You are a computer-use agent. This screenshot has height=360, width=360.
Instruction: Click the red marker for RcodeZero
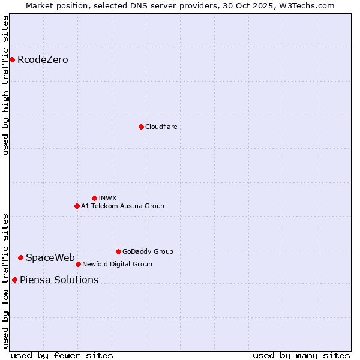coord(12,59)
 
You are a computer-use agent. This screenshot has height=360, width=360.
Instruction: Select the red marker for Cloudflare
coord(141,127)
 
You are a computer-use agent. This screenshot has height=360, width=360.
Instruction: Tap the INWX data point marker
coord(94,198)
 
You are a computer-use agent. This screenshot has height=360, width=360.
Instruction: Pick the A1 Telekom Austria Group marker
coord(77,206)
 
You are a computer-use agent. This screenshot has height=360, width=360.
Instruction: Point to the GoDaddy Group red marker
coord(118,251)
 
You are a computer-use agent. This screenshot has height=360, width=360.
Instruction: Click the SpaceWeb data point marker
coord(20,257)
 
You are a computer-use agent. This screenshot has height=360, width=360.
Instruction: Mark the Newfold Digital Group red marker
coord(78,264)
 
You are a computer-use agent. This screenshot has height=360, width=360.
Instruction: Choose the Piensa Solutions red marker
coord(14,280)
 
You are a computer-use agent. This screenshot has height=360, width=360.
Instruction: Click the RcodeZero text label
coord(43,60)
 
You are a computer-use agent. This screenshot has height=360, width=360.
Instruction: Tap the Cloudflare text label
coord(161,127)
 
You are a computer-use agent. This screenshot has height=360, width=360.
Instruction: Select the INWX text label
coord(107,199)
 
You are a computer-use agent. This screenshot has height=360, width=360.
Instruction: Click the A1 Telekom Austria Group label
coord(122,206)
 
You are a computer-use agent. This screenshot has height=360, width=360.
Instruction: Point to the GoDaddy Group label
coord(148,252)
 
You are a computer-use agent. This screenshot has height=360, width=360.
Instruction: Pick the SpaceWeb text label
coord(50,258)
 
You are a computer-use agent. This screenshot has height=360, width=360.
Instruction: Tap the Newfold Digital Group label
coord(117,265)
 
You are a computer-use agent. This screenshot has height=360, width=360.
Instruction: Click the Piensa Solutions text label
coord(59,280)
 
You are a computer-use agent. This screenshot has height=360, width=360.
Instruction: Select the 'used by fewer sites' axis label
coord(62,355)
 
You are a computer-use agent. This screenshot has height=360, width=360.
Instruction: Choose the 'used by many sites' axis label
coord(301,355)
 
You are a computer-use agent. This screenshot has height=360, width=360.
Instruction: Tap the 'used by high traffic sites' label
coord(6,85)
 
